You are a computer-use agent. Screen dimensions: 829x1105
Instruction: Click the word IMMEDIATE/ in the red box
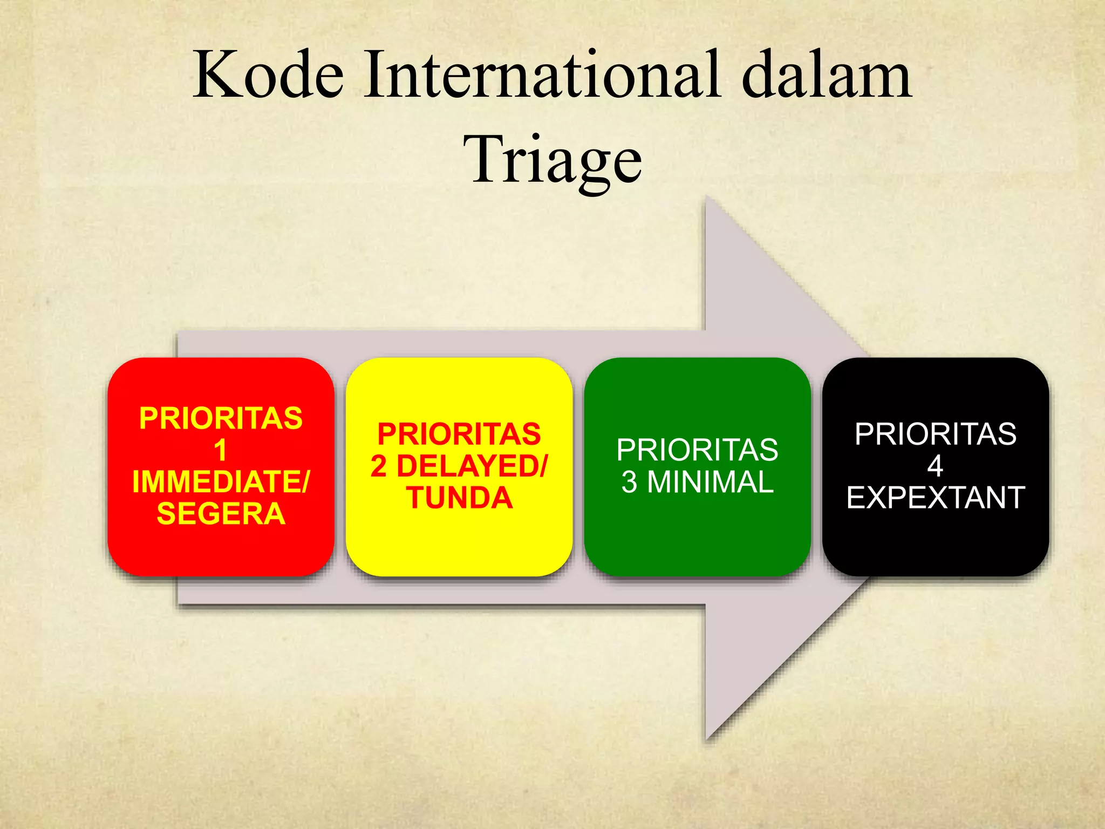tap(221, 481)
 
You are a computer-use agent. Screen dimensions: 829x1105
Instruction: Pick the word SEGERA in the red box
tap(221, 513)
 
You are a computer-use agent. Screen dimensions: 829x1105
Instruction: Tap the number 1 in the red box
tap(220, 450)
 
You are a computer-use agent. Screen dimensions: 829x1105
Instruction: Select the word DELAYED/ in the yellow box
tap(472, 466)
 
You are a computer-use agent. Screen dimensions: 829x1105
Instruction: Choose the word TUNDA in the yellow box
tap(459, 498)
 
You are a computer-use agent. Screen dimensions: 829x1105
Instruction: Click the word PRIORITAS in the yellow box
tap(459, 434)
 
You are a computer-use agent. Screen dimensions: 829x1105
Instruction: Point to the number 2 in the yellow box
tap(378, 466)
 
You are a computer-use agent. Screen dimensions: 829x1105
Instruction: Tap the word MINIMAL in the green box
tap(710, 482)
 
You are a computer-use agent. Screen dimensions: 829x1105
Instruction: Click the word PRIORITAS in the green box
tap(697, 450)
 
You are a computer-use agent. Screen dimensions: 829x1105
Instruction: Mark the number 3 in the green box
tap(629, 482)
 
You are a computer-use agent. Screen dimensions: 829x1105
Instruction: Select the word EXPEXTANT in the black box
tap(935, 498)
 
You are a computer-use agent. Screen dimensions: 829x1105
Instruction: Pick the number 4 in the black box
tap(935, 466)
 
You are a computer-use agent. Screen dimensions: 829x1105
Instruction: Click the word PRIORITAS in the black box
tap(935, 434)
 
